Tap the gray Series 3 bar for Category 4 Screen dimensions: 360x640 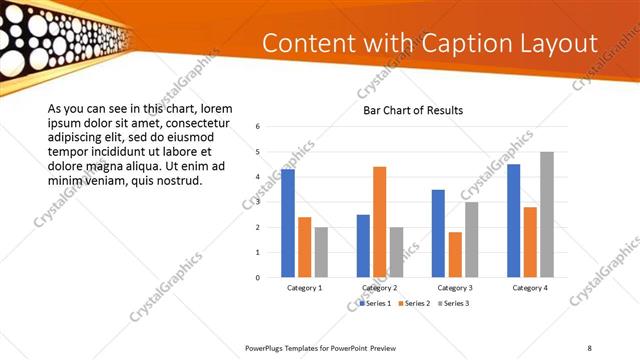pos(547,215)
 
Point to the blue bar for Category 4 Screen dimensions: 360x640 pos(514,221)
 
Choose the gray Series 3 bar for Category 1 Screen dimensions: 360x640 pos(321,252)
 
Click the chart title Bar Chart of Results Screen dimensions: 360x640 pos(412,110)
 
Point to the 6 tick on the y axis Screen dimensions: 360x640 pos(258,127)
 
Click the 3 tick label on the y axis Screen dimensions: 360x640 pos(258,202)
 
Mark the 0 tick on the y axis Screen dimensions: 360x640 pos(258,278)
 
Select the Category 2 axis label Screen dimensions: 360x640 pos(380,288)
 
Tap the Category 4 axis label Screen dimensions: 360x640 pos(531,288)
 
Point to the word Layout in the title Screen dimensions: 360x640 pos(561,44)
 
